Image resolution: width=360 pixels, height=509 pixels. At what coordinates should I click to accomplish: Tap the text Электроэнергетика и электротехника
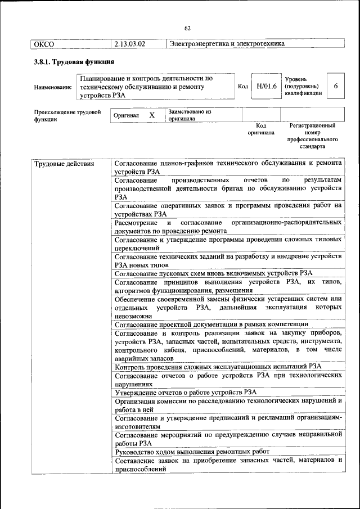(x=227, y=43)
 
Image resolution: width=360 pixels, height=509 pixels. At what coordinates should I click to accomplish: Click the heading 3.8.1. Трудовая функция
(x=74, y=62)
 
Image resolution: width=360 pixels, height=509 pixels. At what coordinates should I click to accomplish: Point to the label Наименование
(x=53, y=87)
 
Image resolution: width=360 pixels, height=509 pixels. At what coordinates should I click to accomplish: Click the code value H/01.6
(x=266, y=87)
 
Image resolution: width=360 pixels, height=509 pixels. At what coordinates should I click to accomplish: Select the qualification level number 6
(x=336, y=87)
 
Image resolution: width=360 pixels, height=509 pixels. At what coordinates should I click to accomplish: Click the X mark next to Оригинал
(x=152, y=115)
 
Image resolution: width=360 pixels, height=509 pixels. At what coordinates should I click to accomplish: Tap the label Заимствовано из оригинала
(x=189, y=115)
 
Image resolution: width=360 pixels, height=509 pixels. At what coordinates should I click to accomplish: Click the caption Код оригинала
(x=261, y=129)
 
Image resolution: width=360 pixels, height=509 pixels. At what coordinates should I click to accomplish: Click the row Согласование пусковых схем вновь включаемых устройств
(x=213, y=273)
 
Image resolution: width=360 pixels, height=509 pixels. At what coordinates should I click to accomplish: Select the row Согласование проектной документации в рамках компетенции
(x=211, y=324)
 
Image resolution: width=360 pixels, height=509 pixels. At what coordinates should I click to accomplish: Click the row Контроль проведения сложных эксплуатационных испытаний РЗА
(x=218, y=366)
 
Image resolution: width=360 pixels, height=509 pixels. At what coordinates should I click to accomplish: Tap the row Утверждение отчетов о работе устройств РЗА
(x=186, y=392)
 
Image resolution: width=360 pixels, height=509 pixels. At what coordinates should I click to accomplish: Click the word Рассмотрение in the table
(x=137, y=222)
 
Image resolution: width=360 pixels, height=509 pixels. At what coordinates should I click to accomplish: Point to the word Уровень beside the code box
(x=296, y=79)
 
